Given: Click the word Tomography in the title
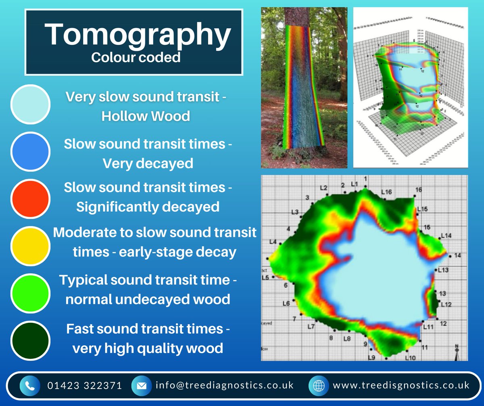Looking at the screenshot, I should pyautogui.click(x=137, y=36).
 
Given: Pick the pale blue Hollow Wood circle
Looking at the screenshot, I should pyautogui.click(x=31, y=104).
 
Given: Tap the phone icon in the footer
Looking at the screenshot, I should pyautogui.click(x=30, y=385).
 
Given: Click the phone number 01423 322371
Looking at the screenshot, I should pyautogui.click(x=84, y=385).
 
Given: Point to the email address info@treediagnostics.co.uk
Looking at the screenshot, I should pyautogui.click(x=225, y=385).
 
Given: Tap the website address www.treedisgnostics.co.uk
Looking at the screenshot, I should pyautogui.click(x=401, y=385).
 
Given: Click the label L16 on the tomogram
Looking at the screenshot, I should pyautogui.click(x=386, y=192).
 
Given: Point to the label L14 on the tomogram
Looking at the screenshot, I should pyautogui.click(x=446, y=236).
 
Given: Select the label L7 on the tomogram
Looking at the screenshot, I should pyautogui.click(x=311, y=327).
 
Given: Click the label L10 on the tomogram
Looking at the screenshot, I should pyautogui.click(x=410, y=358).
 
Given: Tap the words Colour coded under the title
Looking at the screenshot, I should pyautogui.click(x=136, y=57).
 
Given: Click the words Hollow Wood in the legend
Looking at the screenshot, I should pyautogui.click(x=146, y=116).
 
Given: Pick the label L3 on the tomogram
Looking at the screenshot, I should pyautogui.click(x=295, y=212).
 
